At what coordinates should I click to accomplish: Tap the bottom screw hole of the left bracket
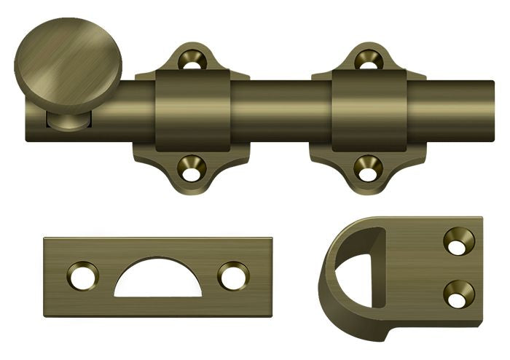(x=192, y=170)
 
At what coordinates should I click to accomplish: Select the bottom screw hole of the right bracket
(x=369, y=170)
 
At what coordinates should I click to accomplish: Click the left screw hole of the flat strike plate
(x=82, y=276)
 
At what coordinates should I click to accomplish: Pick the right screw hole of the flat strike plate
(x=233, y=276)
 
